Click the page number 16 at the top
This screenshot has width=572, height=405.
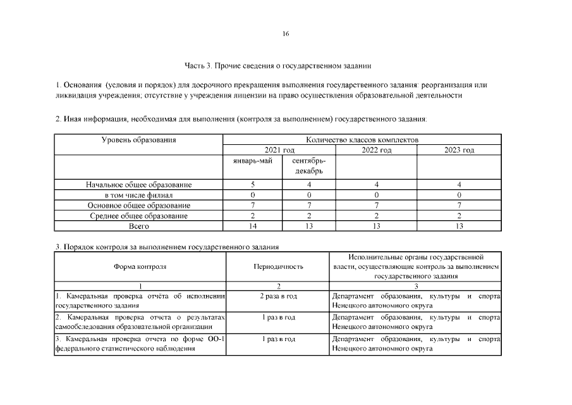286,34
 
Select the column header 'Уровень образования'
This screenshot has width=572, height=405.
139,140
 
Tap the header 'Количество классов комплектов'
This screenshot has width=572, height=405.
362,140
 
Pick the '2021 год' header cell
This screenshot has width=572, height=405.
279,150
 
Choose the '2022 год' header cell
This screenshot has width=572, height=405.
376,150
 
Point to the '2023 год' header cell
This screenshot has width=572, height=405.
459,150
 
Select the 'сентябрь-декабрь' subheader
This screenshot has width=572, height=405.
308,166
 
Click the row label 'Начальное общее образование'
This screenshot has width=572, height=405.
139,185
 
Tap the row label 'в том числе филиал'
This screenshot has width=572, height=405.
139,195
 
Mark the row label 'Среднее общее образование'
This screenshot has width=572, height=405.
139,216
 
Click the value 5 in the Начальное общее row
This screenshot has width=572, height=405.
253,185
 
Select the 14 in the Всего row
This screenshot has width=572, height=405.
253,226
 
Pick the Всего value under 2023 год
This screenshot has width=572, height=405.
459,226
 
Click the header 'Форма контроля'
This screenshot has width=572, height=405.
140,267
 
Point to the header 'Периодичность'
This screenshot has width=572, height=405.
278,267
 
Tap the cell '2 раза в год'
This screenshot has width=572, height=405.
278,296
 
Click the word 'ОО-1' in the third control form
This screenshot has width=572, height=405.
217,339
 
